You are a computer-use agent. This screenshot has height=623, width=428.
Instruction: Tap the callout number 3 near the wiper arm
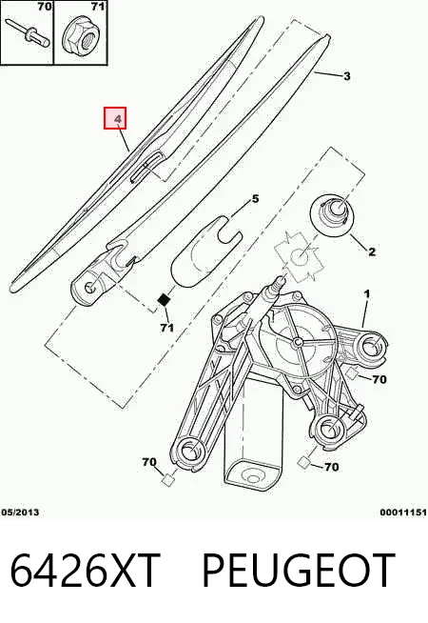point(347,76)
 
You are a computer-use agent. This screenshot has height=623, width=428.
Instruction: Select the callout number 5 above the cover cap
point(255,199)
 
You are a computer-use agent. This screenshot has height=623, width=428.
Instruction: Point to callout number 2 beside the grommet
point(372,251)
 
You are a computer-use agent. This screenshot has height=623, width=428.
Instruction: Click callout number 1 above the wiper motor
point(367,294)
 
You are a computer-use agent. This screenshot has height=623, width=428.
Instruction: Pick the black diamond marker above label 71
point(164,300)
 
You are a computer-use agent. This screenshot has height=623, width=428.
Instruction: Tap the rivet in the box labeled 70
point(28,31)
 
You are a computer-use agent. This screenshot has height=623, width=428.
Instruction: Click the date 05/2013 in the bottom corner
point(20,512)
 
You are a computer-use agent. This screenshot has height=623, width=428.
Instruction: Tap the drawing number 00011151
point(403,512)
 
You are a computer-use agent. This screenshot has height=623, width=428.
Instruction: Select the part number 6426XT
point(85,571)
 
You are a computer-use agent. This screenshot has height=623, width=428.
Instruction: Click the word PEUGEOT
point(299,571)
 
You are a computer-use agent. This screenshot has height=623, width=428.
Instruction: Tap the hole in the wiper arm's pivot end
point(91,286)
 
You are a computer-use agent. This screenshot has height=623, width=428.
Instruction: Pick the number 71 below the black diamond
point(167,328)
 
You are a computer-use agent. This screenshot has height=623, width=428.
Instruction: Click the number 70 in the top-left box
point(45,7)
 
